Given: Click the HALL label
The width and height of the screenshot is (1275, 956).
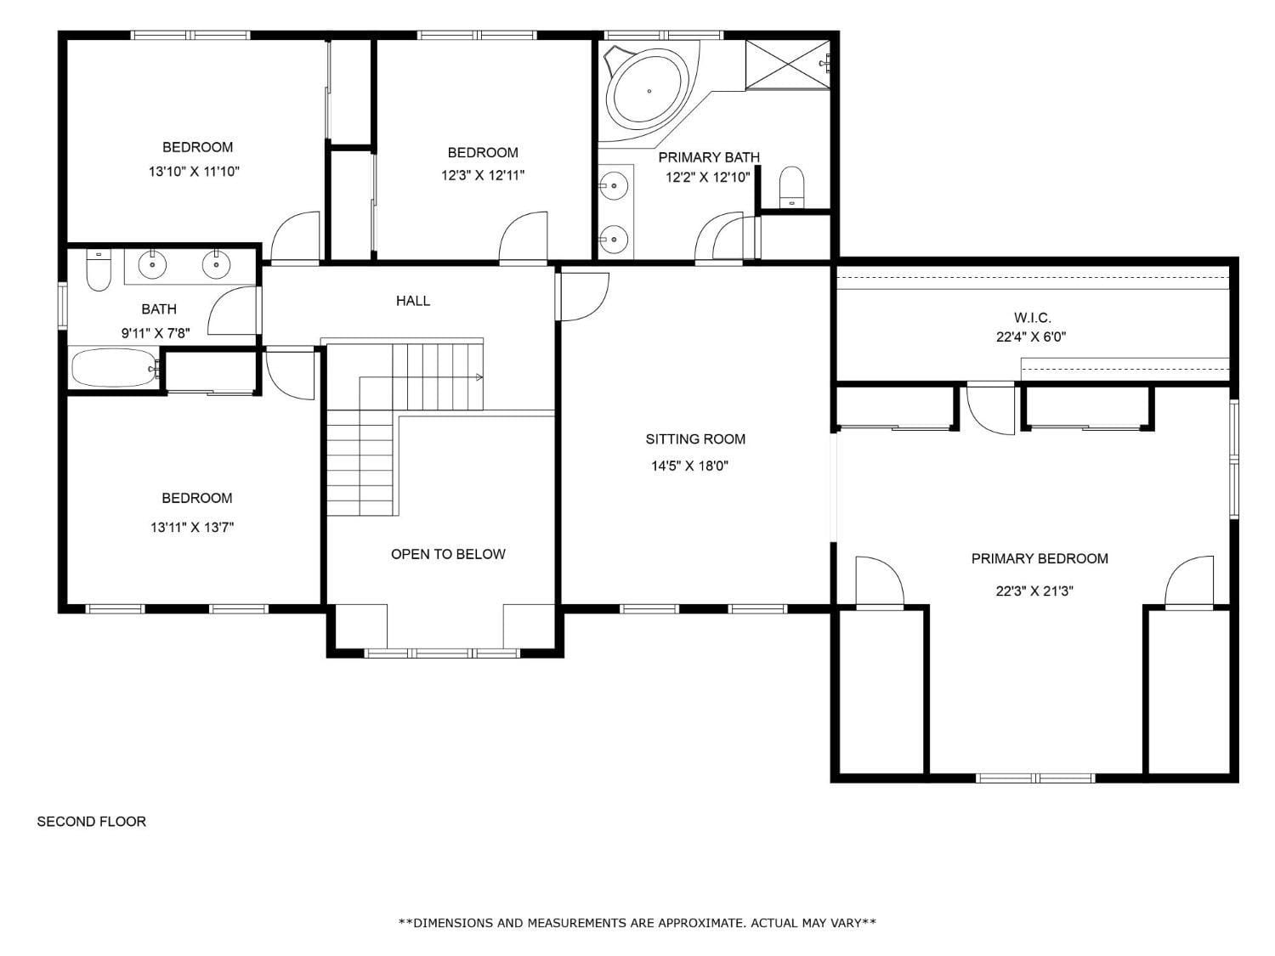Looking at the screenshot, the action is (412, 301).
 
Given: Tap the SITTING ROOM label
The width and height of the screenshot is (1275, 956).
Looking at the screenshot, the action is (695, 438).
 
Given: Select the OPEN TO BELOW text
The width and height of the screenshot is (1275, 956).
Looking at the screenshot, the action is (448, 554).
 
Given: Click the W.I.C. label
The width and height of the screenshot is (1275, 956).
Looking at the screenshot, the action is (1032, 318).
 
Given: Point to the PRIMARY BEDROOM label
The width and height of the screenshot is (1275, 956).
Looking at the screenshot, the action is (1040, 558).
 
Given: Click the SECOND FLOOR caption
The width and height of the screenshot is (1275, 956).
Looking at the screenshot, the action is (91, 822).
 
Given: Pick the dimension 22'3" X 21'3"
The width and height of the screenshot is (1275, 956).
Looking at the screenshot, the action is (1034, 591).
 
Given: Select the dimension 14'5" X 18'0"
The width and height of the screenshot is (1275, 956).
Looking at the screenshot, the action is (689, 466).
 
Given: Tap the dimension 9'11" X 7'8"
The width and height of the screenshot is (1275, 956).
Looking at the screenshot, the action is (156, 333).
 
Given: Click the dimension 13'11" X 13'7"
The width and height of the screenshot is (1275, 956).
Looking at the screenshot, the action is (192, 527).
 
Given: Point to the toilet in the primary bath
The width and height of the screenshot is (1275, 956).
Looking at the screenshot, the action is (790, 186).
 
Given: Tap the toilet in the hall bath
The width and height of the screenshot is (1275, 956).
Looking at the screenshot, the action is (99, 270).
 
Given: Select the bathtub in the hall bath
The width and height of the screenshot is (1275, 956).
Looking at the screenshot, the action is (115, 368).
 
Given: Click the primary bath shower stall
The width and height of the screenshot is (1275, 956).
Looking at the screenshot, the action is (788, 65).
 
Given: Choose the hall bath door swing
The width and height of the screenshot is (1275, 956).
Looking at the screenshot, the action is (232, 310).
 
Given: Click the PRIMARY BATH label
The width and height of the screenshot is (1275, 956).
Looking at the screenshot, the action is (709, 157).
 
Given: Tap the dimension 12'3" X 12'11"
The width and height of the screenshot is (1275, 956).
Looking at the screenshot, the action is (483, 175).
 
